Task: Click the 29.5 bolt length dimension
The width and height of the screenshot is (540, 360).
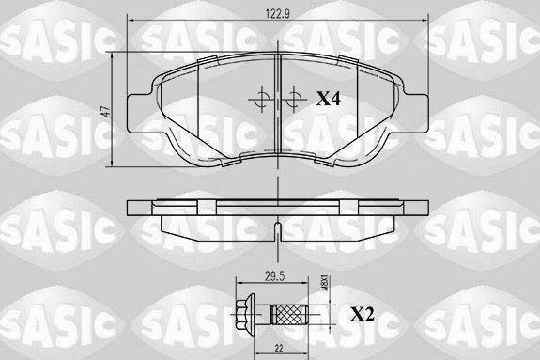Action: (x=274, y=276)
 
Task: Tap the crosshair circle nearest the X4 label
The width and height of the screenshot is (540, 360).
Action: (x=295, y=97)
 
